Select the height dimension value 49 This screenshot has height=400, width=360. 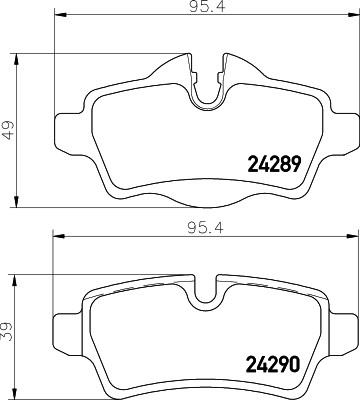click(9, 129)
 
